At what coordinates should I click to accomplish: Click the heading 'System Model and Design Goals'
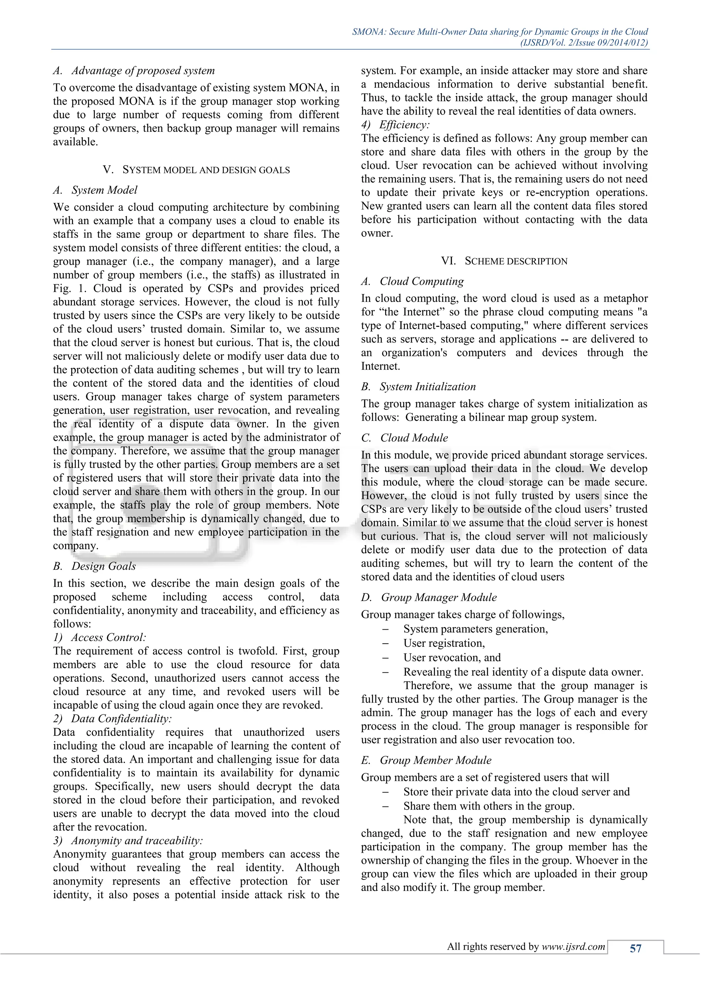196,170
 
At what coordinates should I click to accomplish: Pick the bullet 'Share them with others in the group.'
489,806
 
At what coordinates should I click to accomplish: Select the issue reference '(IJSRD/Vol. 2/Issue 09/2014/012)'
584,42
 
